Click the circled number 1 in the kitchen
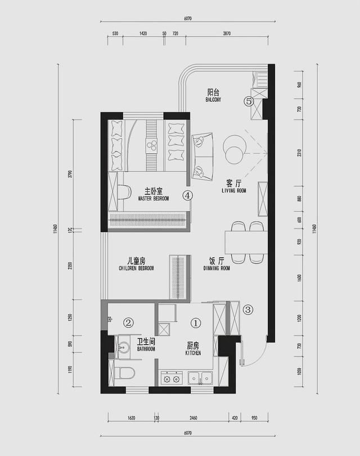(196, 323)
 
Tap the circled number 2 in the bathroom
(128, 323)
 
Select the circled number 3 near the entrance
(248, 309)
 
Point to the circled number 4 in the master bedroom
(187, 195)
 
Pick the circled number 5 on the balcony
(249, 101)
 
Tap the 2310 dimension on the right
(299, 153)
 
